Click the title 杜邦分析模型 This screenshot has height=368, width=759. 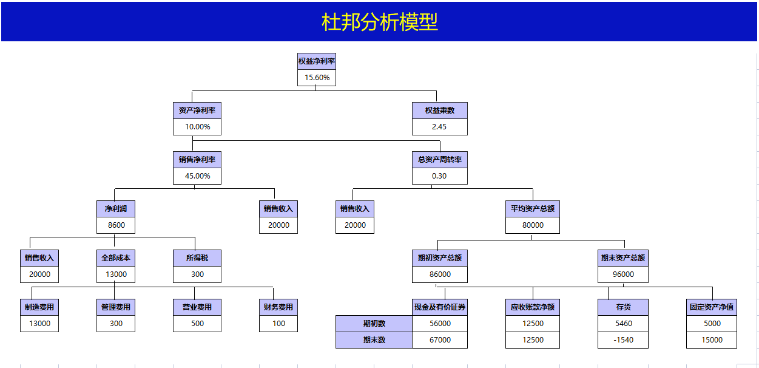coord(379,22)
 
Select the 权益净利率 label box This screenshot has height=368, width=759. coord(317,61)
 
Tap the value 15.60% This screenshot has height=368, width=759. coord(317,78)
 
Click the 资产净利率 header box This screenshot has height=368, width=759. coord(197,111)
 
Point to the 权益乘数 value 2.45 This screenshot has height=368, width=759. coord(439,127)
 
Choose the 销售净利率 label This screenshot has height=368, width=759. coord(197,160)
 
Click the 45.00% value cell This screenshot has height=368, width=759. coord(197,176)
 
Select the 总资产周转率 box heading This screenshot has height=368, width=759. coord(439,160)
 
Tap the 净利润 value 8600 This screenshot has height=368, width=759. coord(116,225)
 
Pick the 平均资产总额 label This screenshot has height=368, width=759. coord(532,209)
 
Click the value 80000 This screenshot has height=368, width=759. coord(532,225)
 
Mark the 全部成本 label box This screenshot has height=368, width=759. coord(116,258)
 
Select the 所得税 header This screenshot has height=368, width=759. coord(197,258)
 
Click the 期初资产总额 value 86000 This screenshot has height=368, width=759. coord(439,274)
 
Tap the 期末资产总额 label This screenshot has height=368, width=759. coord(622,258)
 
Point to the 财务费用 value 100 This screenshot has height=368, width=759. coord(278,324)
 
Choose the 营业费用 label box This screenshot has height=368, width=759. coord(197,307)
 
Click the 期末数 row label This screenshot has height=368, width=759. coord(374,340)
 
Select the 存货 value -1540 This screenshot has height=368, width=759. coord(622,340)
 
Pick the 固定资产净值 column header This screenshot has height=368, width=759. coord(711,307)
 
